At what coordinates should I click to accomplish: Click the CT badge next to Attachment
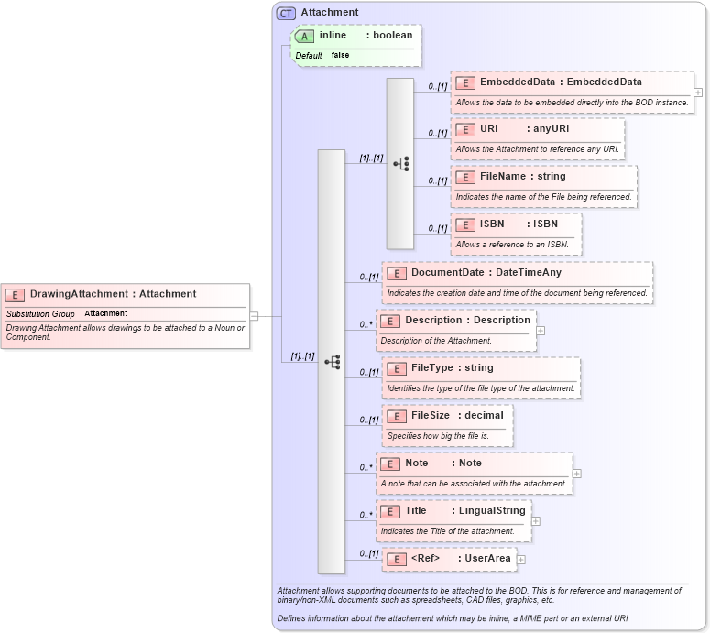tap(286, 13)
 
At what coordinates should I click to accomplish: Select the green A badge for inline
tap(304, 36)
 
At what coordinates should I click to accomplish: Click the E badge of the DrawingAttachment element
tap(15, 294)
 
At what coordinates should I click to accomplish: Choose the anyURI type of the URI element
tap(552, 129)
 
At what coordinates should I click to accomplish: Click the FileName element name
tap(503, 176)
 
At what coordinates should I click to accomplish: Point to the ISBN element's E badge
tap(464, 224)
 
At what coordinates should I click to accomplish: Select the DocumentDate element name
tap(448, 272)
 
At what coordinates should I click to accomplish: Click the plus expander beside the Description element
tap(541, 330)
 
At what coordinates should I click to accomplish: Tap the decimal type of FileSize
tap(484, 415)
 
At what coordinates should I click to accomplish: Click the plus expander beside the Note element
tap(576, 474)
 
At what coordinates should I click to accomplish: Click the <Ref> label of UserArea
tap(426, 558)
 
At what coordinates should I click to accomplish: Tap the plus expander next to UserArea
tap(520, 559)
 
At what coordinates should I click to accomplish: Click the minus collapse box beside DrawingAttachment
tap(254, 316)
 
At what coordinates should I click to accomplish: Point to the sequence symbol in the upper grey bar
tap(400, 164)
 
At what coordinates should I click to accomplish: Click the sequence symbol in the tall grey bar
tap(332, 362)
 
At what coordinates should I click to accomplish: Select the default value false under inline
tap(340, 55)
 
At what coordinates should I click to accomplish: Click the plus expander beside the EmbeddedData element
tap(698, 93)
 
